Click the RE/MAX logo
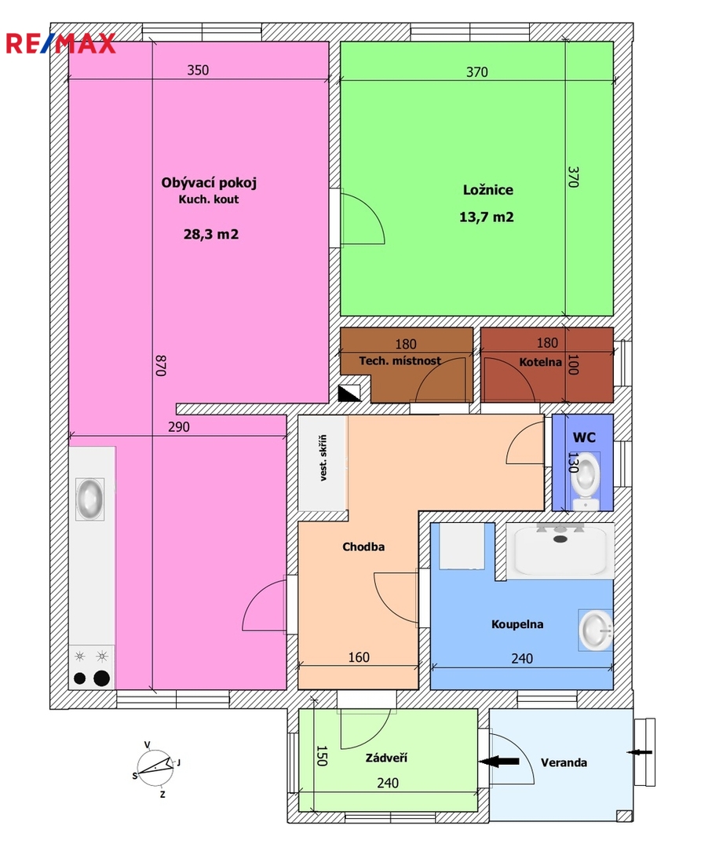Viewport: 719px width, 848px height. (x=60, y=43)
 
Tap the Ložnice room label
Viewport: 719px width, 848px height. (x=487, y=190)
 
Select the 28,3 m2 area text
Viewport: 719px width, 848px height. (x=211, y=234)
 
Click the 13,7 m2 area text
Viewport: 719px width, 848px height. (x=486, y=217)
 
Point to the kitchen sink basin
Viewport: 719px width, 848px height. (x=89, y=499)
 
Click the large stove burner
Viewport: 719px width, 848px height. (x=101, y=678)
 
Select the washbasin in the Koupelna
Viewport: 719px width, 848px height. (x=596, y=630)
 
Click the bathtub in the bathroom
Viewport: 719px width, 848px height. (x=560, y=550)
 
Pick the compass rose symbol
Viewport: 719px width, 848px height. (x=155, y=768)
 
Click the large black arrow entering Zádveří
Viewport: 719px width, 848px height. (x=499, y=762)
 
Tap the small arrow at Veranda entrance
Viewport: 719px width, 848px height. (x=640, y=751)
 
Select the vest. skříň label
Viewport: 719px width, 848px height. (x=323, y=458)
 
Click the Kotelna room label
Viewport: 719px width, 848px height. (x=540, y=362)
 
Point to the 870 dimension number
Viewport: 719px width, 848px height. (x=161, y=365)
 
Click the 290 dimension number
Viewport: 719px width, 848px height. (x=178, y=426)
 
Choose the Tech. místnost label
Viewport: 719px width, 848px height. (x=400, y=360)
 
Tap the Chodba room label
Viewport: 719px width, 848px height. (x=363, y=546)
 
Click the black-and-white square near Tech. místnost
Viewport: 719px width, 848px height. (x=349, y=393)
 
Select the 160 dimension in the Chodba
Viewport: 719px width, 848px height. (x=359, y=657)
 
